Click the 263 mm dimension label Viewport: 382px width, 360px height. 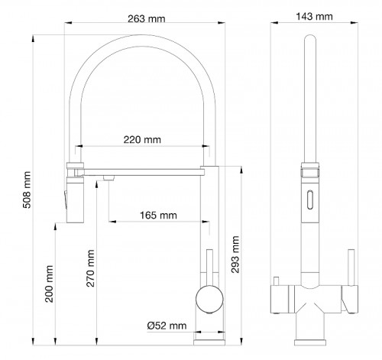point(147,18)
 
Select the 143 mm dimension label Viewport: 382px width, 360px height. point(314,17)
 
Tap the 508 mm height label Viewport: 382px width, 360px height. point(27,190)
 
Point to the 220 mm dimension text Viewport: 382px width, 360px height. point(142,140)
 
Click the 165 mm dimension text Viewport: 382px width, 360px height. point(158,216)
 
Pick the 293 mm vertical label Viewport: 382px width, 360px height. point(235,255)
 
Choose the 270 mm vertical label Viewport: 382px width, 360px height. point(90,268)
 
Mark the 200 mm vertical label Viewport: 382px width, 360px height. point(49,284)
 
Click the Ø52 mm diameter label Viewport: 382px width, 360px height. point(167,326)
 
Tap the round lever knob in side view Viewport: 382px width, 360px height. point(209,299)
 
